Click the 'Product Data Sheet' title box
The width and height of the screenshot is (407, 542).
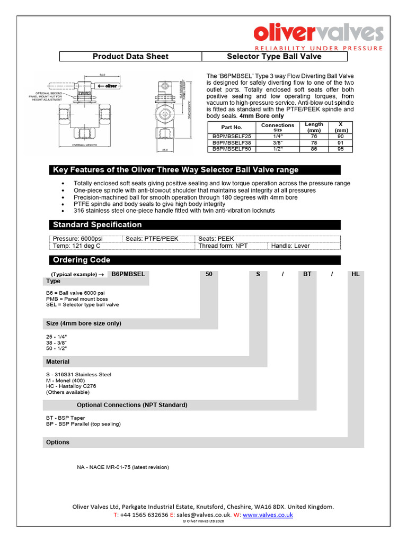(130, 57)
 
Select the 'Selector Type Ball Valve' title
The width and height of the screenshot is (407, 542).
(274, 57)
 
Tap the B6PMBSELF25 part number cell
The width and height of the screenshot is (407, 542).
(227, 137)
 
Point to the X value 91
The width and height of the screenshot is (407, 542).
(340, 143)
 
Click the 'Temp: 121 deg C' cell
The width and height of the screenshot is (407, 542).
(76, 246)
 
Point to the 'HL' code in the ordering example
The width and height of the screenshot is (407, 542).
(356, 274)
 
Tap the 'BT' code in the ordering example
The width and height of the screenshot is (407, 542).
(307, 274)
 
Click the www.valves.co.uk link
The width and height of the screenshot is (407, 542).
(268, 514)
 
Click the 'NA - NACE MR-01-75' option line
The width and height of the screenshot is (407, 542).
(123, 467)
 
